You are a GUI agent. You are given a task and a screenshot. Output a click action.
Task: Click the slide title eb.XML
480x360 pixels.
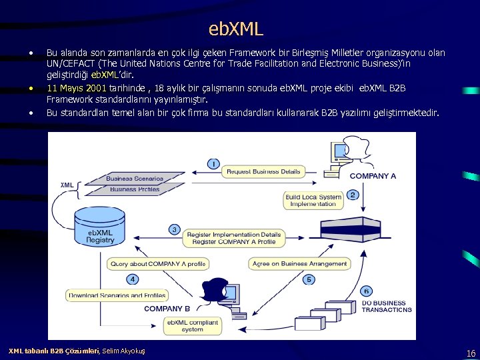236,29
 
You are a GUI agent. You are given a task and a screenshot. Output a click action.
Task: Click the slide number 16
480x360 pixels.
471,353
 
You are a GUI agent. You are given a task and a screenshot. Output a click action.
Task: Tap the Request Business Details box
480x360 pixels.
263,171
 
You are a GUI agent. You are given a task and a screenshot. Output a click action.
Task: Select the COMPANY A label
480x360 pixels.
373,176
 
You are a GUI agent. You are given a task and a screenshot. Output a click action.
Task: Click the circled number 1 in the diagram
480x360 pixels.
213,163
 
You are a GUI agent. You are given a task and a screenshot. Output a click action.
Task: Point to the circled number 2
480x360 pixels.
352,195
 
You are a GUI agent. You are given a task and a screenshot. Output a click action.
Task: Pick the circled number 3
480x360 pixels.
174,229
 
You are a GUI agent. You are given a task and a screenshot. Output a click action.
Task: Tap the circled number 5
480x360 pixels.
309,279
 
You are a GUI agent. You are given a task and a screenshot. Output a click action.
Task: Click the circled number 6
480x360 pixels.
366,291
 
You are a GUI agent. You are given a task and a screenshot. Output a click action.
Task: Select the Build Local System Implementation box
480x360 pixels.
313,200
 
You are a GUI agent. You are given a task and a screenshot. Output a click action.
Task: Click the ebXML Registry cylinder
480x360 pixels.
101,227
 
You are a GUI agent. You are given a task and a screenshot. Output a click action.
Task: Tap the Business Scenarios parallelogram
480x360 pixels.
135,179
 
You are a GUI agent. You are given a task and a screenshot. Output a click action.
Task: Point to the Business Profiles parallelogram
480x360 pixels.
135,189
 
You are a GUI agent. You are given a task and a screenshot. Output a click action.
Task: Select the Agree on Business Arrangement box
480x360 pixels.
299,264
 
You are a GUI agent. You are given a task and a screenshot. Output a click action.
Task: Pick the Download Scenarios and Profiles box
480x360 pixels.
116,295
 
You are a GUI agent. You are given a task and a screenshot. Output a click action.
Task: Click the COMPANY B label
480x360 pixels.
167,309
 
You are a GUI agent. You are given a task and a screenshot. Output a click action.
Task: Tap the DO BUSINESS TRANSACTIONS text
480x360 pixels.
387,306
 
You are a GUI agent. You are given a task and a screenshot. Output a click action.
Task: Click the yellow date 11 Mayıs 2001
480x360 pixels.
77,88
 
